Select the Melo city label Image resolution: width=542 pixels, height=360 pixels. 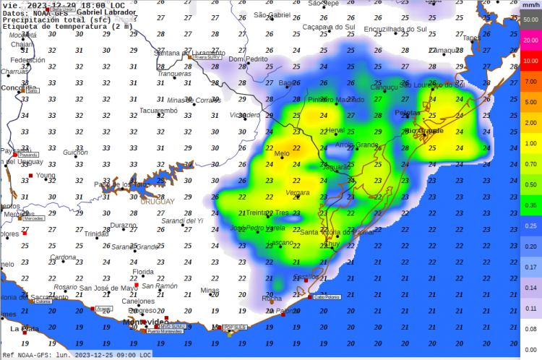point(282,153)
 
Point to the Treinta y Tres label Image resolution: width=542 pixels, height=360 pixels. point(267,213)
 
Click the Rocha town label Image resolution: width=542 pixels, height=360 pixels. point(272,298)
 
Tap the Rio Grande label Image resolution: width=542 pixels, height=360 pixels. point(424,131)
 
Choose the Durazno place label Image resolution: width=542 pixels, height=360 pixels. point(124,226)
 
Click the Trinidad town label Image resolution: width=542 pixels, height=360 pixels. point(97,234)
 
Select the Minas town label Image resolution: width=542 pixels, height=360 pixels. point(210,291)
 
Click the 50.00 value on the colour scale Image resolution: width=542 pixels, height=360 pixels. point(530,21)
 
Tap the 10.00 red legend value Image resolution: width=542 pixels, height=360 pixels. point(530,61)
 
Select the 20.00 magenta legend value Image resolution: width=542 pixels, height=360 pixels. point(530,40)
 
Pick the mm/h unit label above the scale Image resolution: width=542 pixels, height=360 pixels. point(531,5)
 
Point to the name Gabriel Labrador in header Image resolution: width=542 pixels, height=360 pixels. point(106,12)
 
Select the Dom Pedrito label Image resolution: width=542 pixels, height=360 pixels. point(248,59)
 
